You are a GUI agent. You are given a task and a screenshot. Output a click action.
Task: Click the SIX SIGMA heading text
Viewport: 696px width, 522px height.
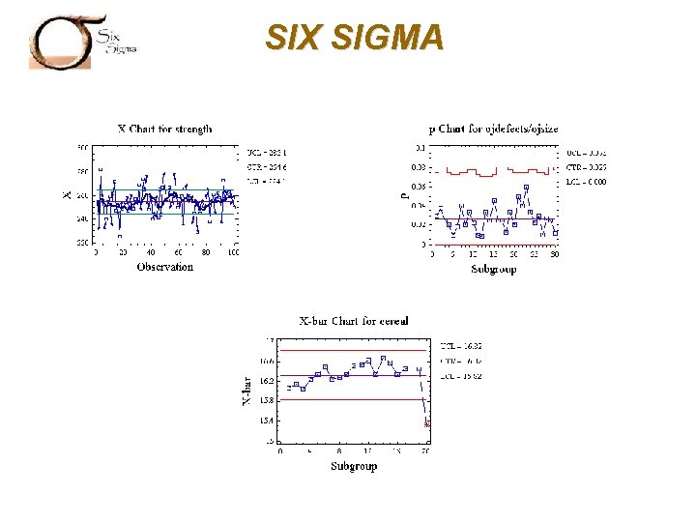355,38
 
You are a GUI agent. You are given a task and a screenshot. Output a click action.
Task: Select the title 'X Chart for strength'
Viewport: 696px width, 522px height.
164,128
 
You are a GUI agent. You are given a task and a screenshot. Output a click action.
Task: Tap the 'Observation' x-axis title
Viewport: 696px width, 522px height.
164,267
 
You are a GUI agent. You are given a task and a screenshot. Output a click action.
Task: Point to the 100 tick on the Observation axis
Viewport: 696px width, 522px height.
233,252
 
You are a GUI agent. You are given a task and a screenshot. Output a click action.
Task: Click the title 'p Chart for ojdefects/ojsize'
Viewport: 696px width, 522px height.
493,128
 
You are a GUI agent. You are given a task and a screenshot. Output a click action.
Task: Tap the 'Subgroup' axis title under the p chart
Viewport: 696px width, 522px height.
493,269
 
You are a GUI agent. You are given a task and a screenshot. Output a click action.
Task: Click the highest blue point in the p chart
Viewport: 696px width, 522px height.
525,187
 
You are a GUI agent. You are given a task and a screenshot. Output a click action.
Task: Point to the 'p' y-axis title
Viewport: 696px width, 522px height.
404,194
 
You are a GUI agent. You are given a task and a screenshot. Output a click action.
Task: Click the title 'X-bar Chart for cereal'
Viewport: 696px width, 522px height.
354,321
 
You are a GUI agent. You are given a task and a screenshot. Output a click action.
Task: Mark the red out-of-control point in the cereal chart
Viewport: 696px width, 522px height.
427,423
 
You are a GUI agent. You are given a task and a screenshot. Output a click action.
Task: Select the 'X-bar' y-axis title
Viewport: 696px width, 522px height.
246,391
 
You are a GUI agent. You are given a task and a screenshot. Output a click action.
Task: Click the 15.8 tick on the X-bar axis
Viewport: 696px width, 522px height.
267,400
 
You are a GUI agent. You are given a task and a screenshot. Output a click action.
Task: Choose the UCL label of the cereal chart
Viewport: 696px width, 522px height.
461,345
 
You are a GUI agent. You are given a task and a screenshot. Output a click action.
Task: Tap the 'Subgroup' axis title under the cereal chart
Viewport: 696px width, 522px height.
354,466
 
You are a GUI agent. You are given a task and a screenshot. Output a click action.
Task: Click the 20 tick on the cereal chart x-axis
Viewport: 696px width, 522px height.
425,451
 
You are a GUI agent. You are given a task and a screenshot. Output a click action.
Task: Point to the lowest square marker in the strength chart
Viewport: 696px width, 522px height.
119,235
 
